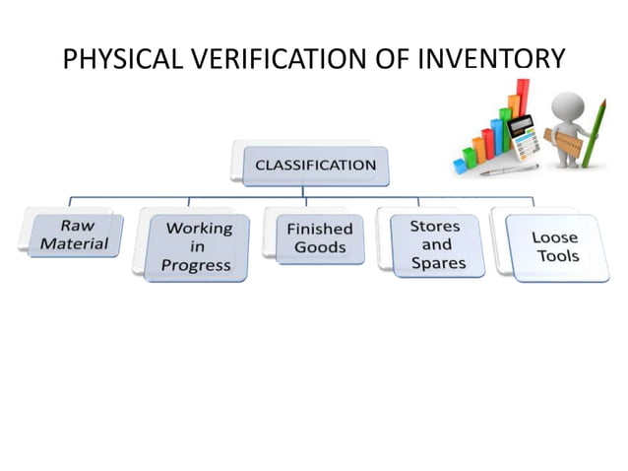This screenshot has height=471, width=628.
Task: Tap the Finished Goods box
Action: click(319, 237)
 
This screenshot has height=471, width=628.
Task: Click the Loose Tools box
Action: click(555, 247)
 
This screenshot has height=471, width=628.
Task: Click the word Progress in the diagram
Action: click(198, 265)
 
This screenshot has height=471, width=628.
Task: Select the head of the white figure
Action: click(568, 106)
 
